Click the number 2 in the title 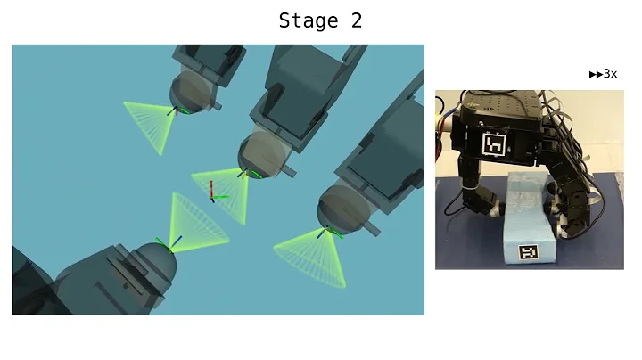[x=357, y=20]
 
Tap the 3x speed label [x=610, y=74]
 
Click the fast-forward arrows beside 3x [x=596, y=74]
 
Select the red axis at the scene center [x=211, y=188]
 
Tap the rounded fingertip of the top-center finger [x=265, y=160]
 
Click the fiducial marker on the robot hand [x=494, y=144]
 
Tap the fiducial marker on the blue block [x=530, y=253]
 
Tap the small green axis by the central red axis [x=221, y=196]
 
